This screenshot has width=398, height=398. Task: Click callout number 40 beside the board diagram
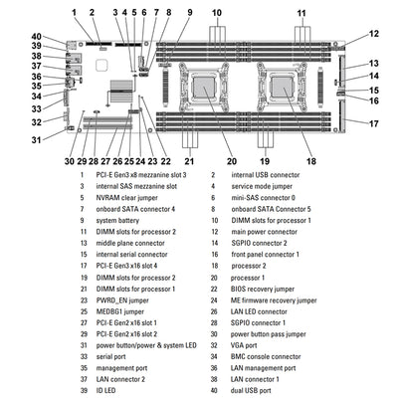[36, 37]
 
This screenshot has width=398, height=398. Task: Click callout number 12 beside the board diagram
[373, 34]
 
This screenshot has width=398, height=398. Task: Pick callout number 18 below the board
[309, 160]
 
